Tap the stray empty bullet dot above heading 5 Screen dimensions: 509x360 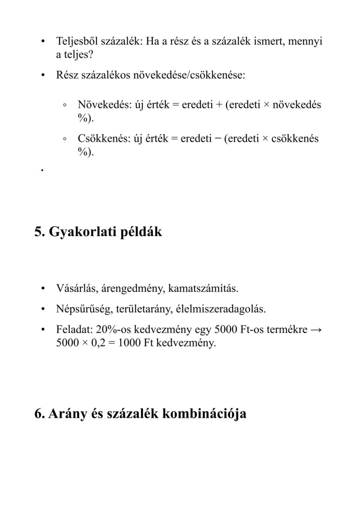42,171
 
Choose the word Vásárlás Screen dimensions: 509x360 73,288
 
